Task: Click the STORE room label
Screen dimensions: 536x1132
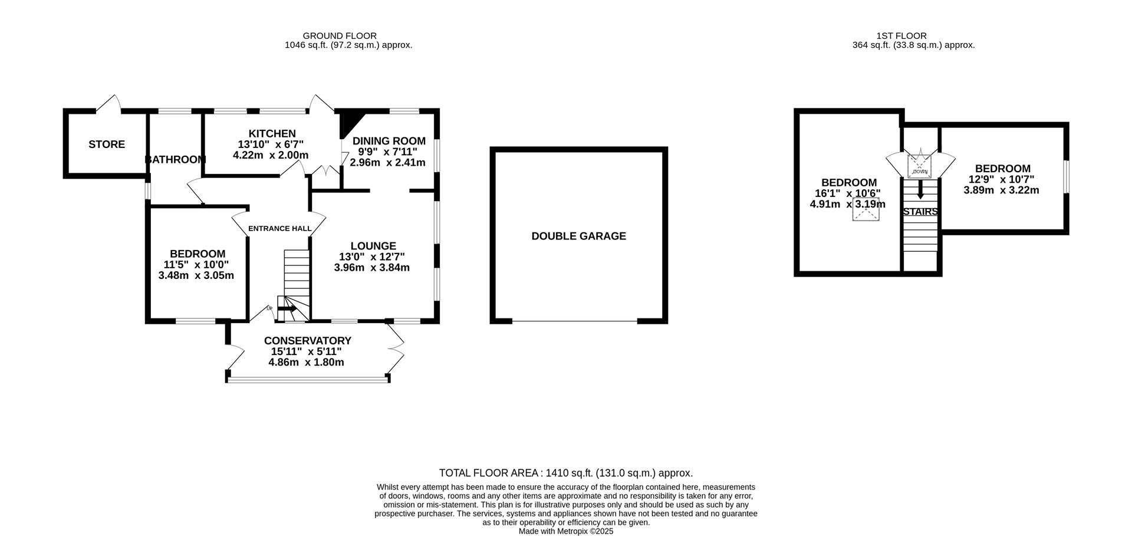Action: click(x=107, y=144)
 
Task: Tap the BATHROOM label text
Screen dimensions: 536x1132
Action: click(x=175, y=160)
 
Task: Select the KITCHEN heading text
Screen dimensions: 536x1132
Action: click(x=272, y=134)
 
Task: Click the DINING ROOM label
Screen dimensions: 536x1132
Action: click(x=389, y=141)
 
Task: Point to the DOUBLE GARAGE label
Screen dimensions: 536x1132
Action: click(x=578, y=236)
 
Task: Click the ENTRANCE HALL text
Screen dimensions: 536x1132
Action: click(x=279, y=229)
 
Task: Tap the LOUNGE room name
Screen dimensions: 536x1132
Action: click(x=373, y=246)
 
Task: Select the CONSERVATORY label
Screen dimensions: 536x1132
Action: click(x=307, y=341)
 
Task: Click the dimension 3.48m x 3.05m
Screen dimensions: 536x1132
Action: click(x=196, y=275)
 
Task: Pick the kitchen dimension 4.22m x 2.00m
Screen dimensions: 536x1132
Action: click(x=271, y=155)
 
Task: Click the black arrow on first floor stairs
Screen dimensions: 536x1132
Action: click(x=920, y=190)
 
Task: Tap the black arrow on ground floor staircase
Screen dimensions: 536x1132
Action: click(x=288, y=308)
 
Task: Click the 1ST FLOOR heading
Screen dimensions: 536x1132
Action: click(x=913, y=36)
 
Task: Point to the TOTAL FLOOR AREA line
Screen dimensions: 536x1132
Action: click(x=565, y=473)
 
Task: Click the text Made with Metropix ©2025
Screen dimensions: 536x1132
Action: click(x=565, y=531)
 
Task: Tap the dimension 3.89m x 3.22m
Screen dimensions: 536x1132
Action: click(x=1001, y=190)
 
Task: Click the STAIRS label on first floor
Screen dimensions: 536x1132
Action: click(x=920, y=212)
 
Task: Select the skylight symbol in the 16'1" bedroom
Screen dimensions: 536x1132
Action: click(x=866, y=211)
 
